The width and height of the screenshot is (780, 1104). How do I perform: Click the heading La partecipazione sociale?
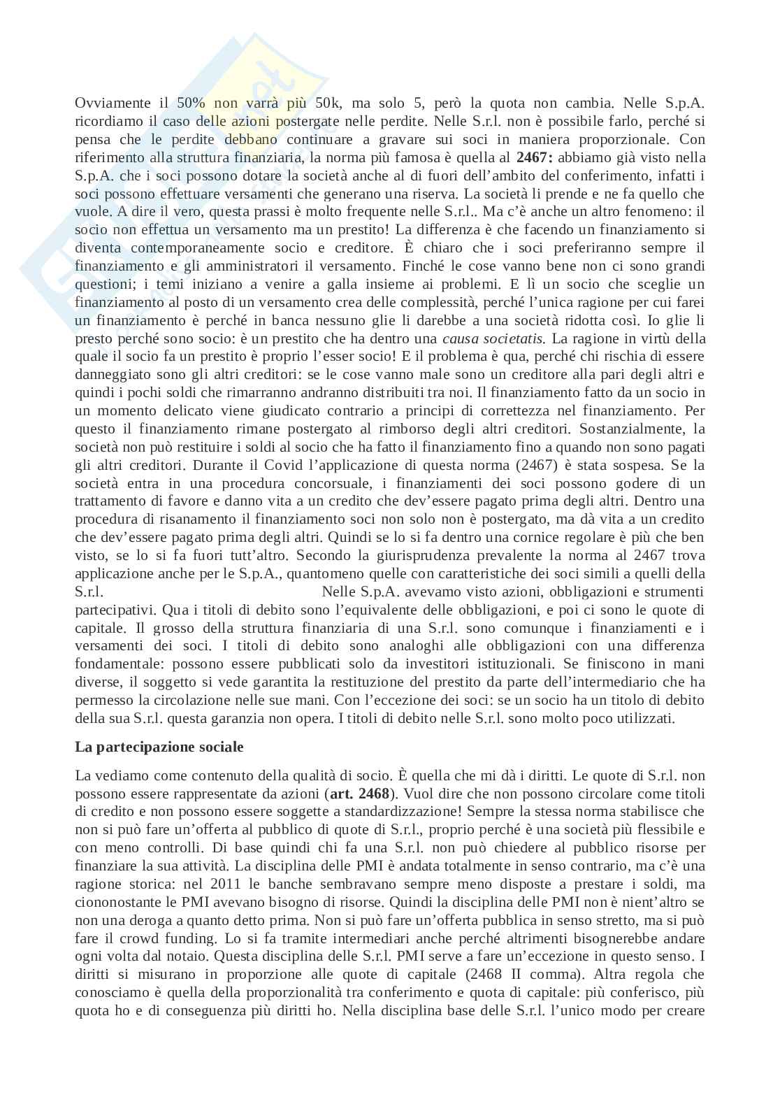(159, 747)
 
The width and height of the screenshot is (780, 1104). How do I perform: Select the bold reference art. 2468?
(359, 794)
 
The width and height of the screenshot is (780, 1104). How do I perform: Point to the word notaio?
(189, 957)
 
